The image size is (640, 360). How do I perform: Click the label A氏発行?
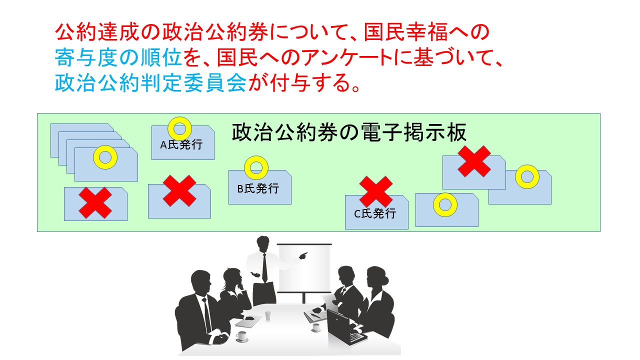(181, 145)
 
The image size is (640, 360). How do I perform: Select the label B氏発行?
(258, 188)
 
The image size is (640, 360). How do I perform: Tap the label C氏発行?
(375, 213)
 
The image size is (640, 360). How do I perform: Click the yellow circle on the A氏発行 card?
(179, 129)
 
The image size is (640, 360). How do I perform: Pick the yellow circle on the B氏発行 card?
(256, 167)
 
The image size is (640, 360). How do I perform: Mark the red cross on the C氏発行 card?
(376, 191)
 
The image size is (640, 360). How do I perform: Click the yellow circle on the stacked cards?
(105, 157)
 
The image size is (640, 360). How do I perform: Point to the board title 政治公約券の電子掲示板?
(349, 132)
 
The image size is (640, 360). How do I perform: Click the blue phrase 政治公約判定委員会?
(150, 83)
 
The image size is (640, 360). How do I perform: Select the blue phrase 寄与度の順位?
(118, 57)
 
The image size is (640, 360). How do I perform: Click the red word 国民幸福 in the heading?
(406, 32)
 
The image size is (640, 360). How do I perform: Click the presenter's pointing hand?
(303, 255)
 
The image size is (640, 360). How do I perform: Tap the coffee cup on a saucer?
(241, 336)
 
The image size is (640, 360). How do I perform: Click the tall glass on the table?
(267, 316)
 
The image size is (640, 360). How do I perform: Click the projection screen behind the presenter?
(304, 268)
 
